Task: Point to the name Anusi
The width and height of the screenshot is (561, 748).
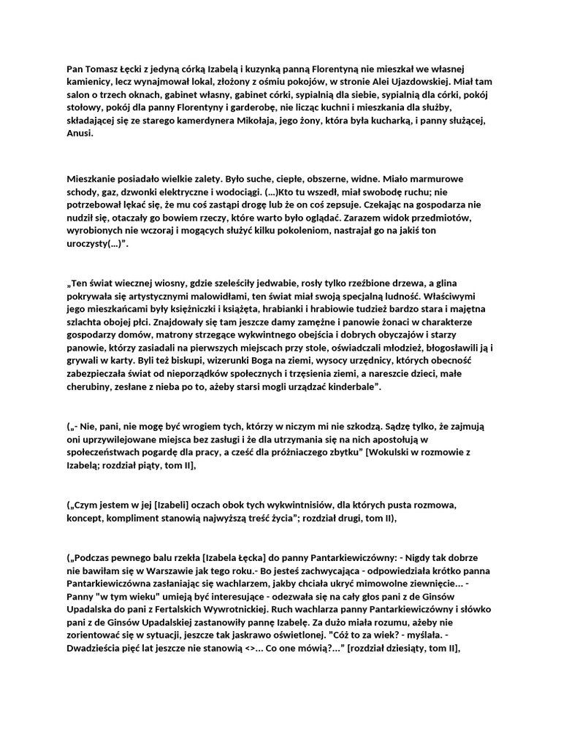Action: pyautogui.click(x=80, y=134)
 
